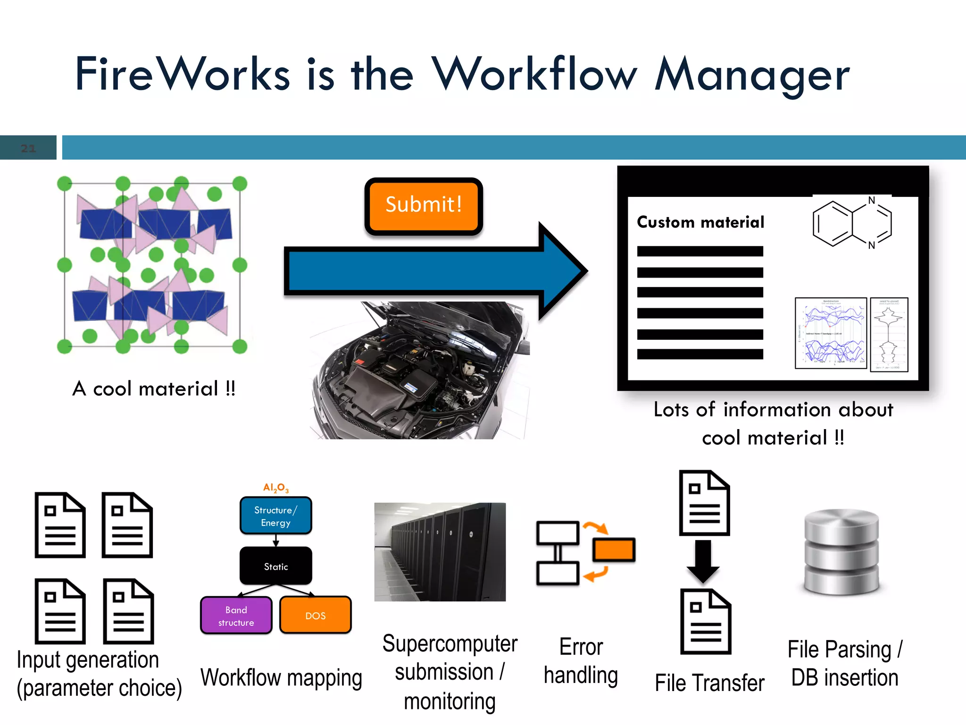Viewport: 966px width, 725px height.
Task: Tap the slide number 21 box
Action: coord(28,148)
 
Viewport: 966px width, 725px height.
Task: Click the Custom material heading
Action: coord(700,222)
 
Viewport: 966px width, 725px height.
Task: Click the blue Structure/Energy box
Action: coord(275,516)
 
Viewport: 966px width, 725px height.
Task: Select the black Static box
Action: coord(275,566)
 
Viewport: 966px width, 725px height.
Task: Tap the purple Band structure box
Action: coord(236,615)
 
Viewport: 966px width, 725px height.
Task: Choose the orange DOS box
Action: coord(315,615)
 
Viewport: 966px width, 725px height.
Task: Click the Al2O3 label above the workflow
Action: coord(275,488)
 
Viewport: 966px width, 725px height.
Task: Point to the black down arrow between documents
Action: coord(703,562)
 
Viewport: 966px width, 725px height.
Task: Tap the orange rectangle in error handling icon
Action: coord(613,550)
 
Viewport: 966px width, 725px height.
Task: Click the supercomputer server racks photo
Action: coord(440,552)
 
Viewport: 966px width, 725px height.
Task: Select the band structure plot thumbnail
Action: coord(831,333)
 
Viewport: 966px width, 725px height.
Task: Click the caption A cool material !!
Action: coord(154,389)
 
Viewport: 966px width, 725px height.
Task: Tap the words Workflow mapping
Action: coord(281,678)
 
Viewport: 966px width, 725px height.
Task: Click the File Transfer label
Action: coord(709,683)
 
